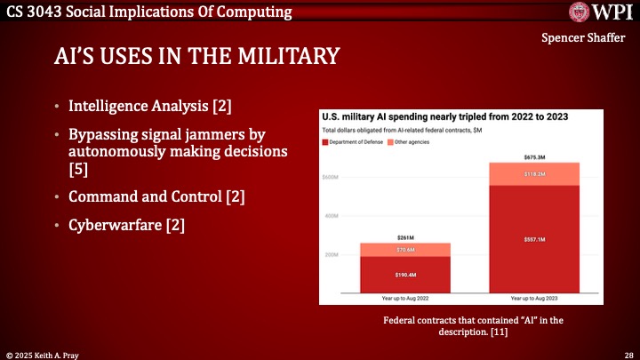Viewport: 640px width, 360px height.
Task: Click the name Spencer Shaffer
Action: (582, 40)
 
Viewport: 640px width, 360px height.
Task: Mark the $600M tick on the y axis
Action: (331, 177)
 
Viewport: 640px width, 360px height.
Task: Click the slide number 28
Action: (628, 353)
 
